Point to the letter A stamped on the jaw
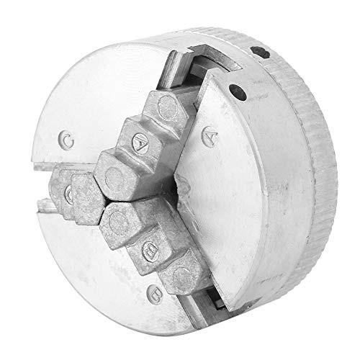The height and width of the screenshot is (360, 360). [140, 143]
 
